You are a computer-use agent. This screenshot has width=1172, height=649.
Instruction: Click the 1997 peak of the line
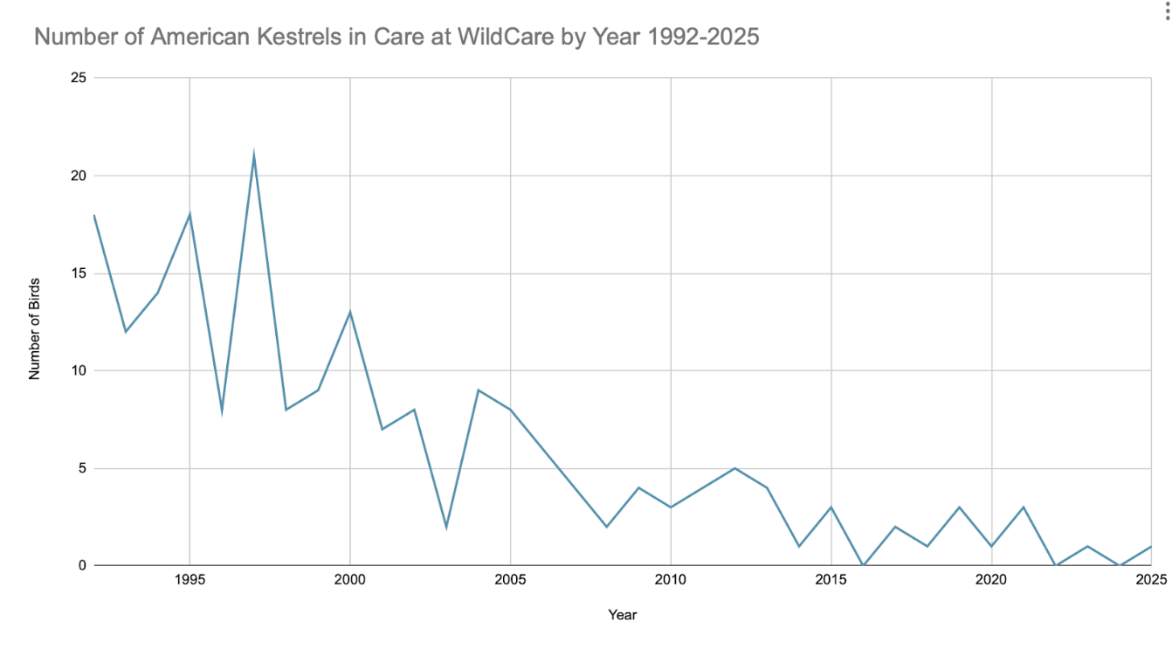[253, 156]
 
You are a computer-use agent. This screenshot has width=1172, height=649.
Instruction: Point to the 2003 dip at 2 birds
[446, 527]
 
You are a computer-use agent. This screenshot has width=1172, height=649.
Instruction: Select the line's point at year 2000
[350, 313]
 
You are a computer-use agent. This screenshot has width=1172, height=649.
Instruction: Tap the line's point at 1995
[190, 215]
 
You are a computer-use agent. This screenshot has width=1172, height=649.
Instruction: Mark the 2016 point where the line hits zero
[863, 564]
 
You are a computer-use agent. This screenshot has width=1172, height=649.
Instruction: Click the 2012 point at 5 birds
[734, 468]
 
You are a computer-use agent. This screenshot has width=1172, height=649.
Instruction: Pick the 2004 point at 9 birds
[478, 390]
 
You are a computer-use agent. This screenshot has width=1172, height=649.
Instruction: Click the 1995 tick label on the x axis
[190, 580]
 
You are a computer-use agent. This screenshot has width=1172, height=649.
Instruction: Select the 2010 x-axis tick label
[671, 580]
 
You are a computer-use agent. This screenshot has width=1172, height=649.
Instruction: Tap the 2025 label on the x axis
[1151, 580]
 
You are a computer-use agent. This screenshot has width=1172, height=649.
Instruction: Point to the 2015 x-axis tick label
[831, 580]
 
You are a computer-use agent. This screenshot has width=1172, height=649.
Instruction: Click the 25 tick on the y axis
[78, 78]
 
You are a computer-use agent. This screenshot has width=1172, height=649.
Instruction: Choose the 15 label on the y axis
[78, 273]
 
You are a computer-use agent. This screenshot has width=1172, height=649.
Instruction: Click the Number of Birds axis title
[35, 329]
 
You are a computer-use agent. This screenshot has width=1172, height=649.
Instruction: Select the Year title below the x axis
[622, 615]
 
